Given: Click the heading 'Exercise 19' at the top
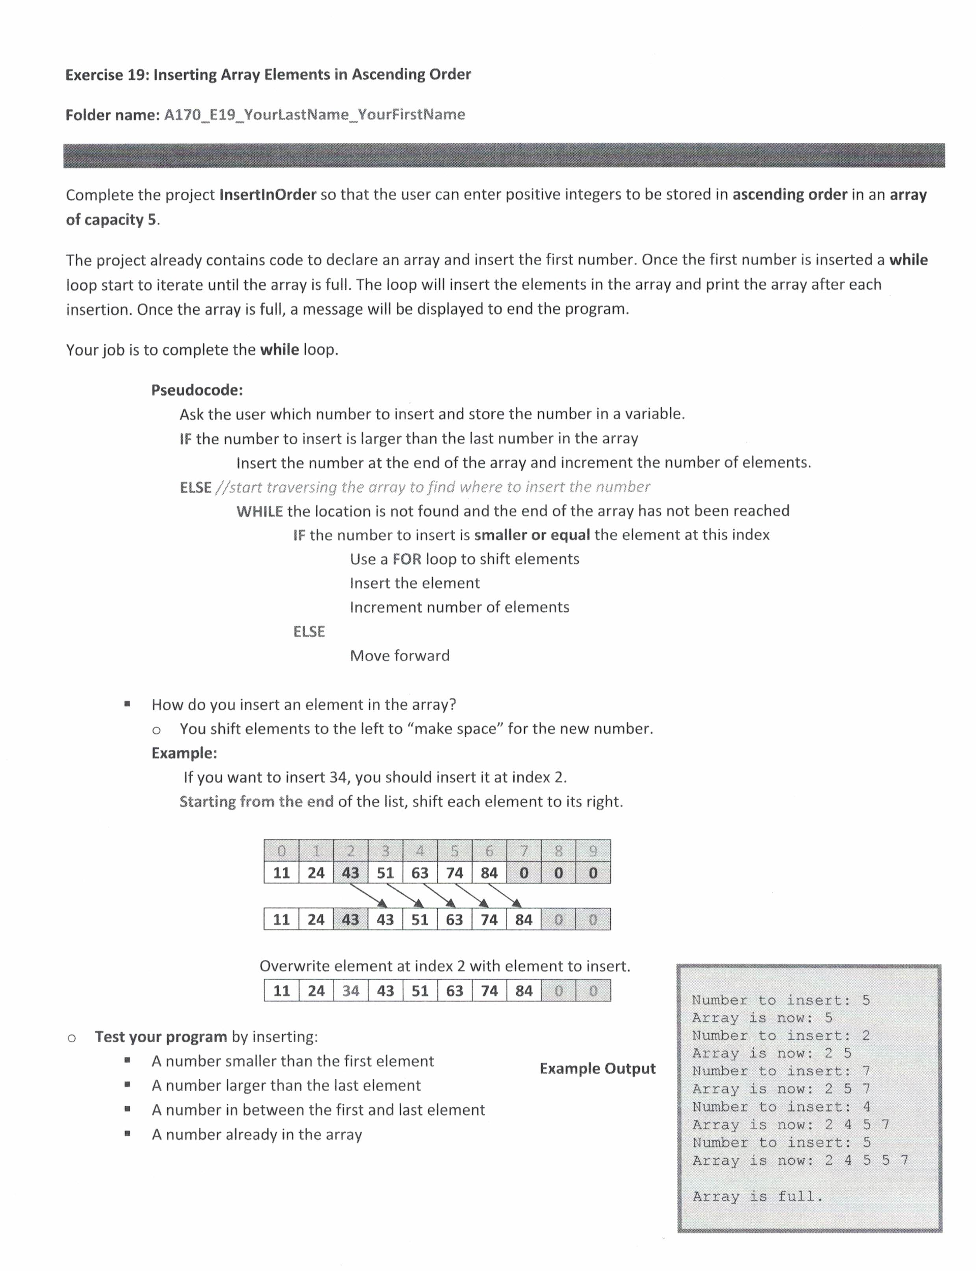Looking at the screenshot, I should pyautogui.click(x=268, y=74).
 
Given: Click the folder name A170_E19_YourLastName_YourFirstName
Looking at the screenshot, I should pyautogui.click(x=314, y=114).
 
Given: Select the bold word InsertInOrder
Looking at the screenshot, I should pyautogui.click(x=268, y=195).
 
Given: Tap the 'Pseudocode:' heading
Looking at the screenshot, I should pyautogui.click(x=197, y=389).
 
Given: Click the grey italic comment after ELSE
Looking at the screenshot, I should pyautogui.click(x=432, y=487).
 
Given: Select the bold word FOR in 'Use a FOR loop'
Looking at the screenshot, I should pyautogui.click(x=407, y=559).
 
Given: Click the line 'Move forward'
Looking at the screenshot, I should pyautogui.click(x=400, y=655).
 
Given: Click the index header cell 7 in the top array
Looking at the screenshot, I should pyautogui.click(x=523, y=851).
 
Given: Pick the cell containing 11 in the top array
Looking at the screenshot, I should pyautogui.click(x=281, y=873).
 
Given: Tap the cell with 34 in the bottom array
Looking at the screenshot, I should pyautogui.click(x=350, y=990).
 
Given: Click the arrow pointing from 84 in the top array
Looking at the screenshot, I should pyautogui.click(x=504, y=895).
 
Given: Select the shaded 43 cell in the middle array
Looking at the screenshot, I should pyautogui.click(x=350, y=920).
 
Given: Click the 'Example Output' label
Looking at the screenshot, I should pyautogui.click(x=597, y=1068).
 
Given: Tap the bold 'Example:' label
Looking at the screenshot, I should pyautogui.click(x=184, y=753).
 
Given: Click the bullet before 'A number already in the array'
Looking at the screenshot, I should pyautogui.click(x=127, y=1133).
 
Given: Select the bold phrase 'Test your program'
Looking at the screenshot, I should pyautogui.click(x=161, y=1037).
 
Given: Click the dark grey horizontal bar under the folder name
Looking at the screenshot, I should pyautogui.click(x=504, y=156).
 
